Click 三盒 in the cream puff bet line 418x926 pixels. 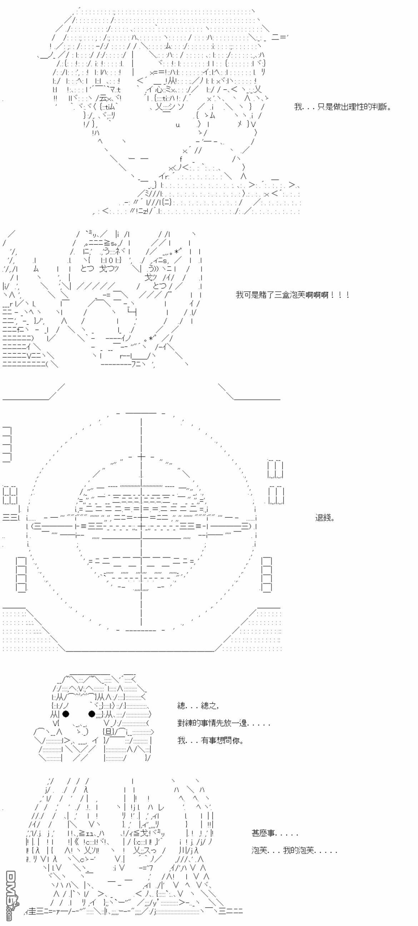point(282,295)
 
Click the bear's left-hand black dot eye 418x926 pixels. point(66,713)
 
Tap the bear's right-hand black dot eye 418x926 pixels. point(92,713)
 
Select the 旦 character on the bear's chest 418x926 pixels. point(108,732)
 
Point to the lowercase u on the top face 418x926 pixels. point(177,125)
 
